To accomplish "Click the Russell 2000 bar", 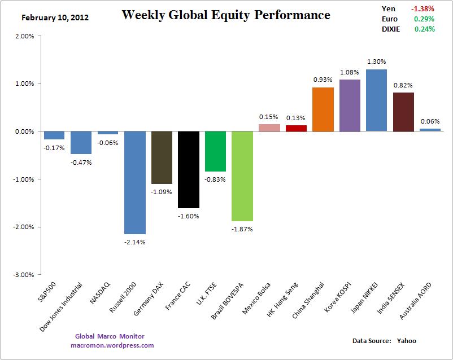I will click(x=135, y=182).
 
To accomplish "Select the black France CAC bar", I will click(x=189, y=169).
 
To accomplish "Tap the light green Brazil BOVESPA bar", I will click(x=242, y=176).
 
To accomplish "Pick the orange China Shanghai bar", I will click(x=323, y=109).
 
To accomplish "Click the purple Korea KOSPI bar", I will click(x=350, y=106).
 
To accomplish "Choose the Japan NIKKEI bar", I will click(x=377, y=100).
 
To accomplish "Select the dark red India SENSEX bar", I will click(x=403, y=112).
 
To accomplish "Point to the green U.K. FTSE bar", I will click(x=215, y=151).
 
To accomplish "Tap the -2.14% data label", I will click(x=135, y=242).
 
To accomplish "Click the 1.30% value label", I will click(x=377, y=62).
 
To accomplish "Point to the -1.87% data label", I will click(x=242, y=229).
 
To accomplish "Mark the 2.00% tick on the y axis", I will click(x=25, y=36).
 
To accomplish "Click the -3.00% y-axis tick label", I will click(x=24, y=275).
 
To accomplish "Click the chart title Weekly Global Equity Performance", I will click(x=226, y=15).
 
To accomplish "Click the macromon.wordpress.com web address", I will click(x=112, y=345).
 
